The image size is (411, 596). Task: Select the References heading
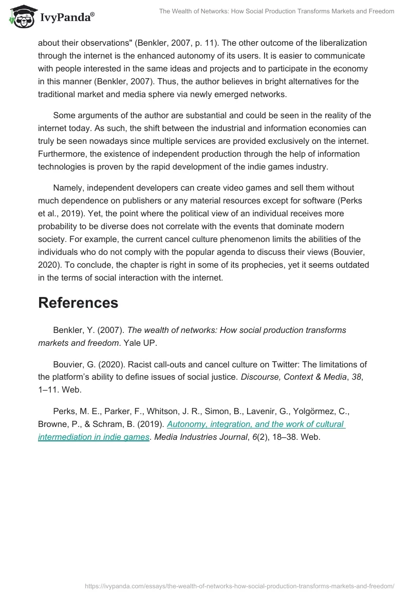coord(78,303)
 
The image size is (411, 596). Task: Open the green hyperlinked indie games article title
coord(191,431)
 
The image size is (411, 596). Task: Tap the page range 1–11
coord(49,390)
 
